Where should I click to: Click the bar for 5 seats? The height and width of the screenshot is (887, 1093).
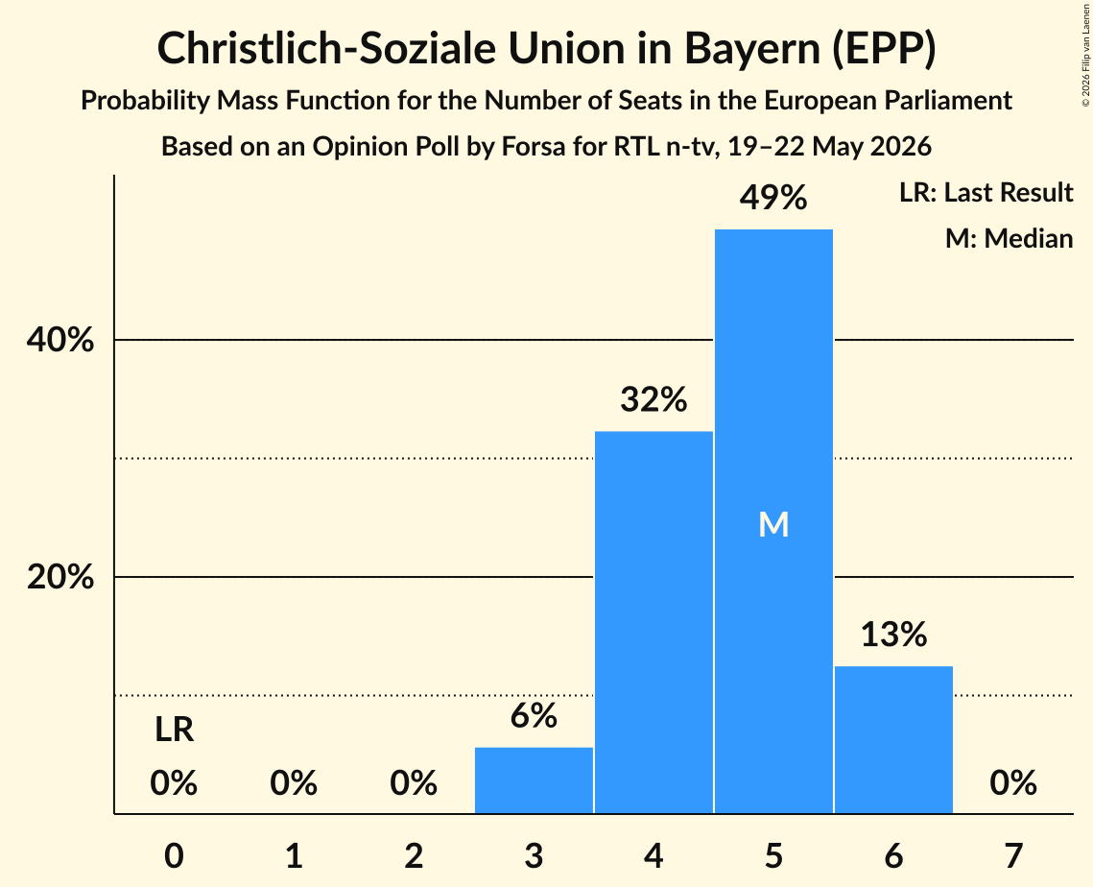773,521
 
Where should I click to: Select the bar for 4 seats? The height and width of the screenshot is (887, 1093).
653,622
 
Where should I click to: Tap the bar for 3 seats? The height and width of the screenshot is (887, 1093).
534,780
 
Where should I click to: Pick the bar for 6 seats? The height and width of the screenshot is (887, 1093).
893,740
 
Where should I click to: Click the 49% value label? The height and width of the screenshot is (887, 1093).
773,198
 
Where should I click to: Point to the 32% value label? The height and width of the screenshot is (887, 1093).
653,399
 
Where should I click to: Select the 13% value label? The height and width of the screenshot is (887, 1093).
893,635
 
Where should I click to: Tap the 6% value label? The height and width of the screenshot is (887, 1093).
534,715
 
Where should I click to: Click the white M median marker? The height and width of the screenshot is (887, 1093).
773,524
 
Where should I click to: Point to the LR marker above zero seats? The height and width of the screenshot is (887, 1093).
175,730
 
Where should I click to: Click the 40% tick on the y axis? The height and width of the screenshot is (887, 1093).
59,340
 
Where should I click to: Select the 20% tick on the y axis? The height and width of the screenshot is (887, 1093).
59,577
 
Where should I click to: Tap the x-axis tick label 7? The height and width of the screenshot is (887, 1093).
1013,855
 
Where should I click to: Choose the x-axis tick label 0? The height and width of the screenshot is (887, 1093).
175,855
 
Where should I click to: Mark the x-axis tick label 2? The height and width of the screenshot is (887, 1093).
414,855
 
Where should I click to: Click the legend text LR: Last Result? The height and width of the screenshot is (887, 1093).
986,192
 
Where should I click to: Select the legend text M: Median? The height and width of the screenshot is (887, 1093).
1009,238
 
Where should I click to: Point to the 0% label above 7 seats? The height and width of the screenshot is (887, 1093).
1013,782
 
